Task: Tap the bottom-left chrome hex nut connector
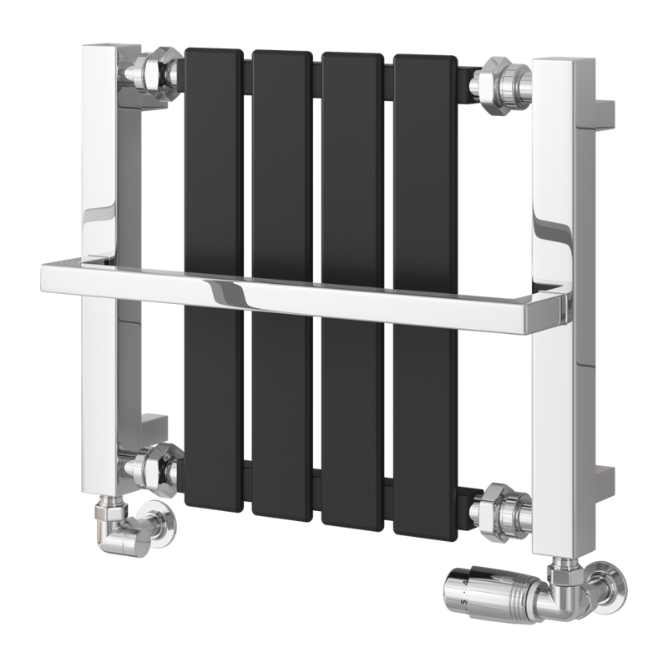[156, 463]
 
